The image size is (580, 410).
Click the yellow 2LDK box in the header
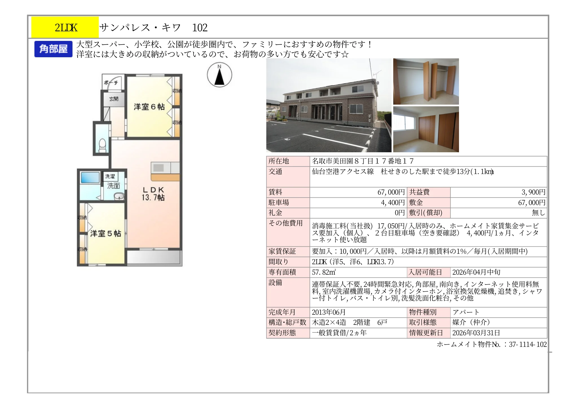(x=65, y=27)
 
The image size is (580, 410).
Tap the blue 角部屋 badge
(x=53, y=49)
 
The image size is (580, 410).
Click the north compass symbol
(x=219, y=75)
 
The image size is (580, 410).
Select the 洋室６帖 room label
(x=149, y=107)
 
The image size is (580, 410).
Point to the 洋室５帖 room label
(x=106, y=233)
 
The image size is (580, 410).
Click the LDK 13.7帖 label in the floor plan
(x=153, y=194)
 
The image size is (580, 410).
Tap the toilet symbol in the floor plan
(x=102, y=145)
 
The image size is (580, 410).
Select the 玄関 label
(x=114, y=99)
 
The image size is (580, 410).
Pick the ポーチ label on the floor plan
(x=111, y=83)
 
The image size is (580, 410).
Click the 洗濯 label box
(x=110, y=176)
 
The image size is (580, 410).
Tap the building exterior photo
(x=329, y=105)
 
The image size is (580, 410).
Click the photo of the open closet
(x=426, y=81)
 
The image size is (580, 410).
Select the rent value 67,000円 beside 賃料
(x=391, y=192)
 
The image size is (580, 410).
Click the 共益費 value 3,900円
(x=533, y=192)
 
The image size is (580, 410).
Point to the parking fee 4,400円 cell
(x=393, y=202)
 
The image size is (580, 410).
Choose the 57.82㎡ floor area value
(x=324, y=272)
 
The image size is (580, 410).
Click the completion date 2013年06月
(x=329, y=312)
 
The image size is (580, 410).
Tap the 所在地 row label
(x=279, y=161)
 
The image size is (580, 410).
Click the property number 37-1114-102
(x=528, y=344)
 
